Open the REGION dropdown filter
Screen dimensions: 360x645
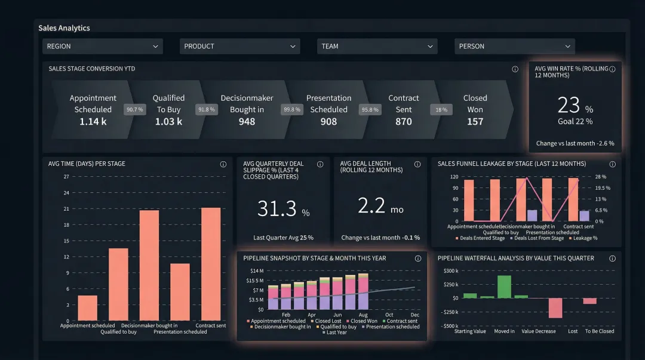coord(102,47)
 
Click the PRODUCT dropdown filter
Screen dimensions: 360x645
coord(239,47)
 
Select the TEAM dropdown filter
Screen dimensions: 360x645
coord(377,47)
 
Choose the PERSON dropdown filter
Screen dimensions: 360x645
coord(514,47)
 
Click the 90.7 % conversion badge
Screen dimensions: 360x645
coord(134,110)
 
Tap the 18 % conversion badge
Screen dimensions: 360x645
coord(441,110)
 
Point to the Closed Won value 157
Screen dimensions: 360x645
coord(475,122)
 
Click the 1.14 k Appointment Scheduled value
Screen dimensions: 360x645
coord(93,122)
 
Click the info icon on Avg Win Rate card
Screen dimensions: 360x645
coord(612,69)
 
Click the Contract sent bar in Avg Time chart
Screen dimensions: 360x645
coord(211,264)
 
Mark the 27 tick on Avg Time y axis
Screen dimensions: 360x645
coord(66,177)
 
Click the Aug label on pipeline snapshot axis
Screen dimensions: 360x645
coord(363,315)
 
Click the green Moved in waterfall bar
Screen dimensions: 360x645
coord(504,286)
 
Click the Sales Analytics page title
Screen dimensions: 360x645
coord(64,28)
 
